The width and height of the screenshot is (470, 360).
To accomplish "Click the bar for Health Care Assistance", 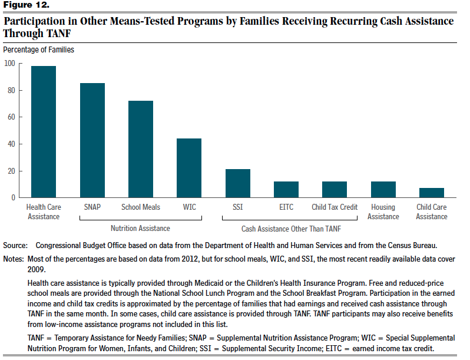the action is click(44, 131).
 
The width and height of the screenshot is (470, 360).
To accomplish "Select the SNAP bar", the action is click(92, 140).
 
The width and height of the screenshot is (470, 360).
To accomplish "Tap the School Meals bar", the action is click(141, 149).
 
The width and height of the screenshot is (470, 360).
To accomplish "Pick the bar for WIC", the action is click(189, 168).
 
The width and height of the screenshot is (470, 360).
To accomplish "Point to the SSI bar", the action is click(238, 183).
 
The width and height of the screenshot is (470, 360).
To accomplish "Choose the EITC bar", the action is click(286, 190).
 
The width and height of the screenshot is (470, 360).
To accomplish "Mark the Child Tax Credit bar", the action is click(335, 190).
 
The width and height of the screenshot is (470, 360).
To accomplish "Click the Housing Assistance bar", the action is click(383, 190).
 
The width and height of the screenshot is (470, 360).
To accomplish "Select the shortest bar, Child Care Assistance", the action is click(432, 193).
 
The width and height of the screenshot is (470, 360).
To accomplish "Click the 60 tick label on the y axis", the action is click(11, 117).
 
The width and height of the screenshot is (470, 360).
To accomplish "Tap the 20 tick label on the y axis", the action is click(11, 171).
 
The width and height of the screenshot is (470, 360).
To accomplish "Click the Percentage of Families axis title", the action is click(39, 49).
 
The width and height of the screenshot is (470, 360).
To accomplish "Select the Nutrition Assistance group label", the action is click(140, 229).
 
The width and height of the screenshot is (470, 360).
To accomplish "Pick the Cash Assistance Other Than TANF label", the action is click(291, 229).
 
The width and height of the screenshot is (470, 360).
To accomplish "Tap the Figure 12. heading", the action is click(26, 5).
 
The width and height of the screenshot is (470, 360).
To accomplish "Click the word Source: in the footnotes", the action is click(15, 246).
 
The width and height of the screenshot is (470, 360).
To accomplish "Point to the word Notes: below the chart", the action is click(14, 259).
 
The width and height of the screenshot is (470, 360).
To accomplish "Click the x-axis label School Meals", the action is click(141, 207).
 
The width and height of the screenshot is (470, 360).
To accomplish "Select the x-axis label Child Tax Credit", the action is click(335, 207).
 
